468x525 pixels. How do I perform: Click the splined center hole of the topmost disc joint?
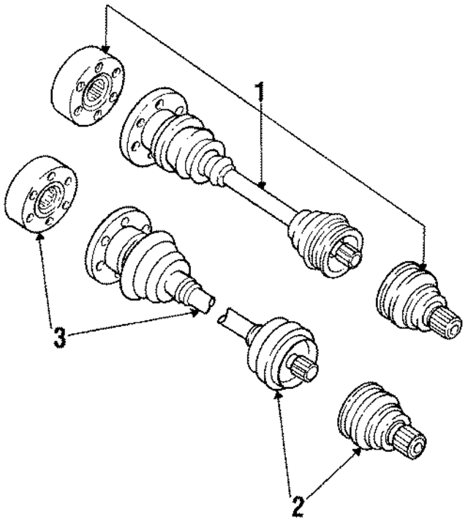coord(96,94)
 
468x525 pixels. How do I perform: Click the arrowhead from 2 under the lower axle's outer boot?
coord(279,396)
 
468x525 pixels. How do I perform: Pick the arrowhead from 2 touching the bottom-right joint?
coord(358,451)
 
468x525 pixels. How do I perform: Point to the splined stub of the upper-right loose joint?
coord(448,320)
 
